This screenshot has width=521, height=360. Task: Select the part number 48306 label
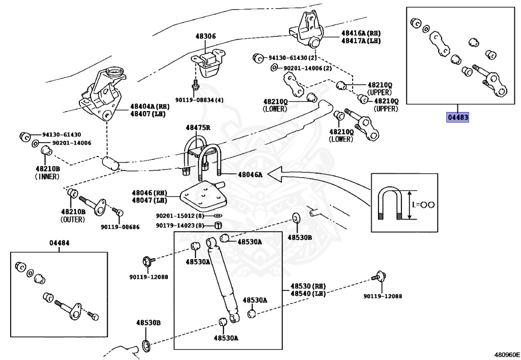[x=205, y=36]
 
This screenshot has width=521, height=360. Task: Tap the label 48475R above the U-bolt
[x=196, y=128]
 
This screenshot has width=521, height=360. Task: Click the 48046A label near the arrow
[x=250, y=175]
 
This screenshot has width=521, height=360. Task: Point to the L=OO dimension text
[x=423, y=205]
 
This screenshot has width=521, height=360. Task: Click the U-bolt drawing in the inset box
[x=391, y=204]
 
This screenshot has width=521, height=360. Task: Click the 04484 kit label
[x=59, y=243]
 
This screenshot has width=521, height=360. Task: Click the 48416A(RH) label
[x=361, y=33]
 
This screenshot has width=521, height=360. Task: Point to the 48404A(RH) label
[x=149, y=106]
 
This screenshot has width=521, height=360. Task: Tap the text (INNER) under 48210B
[x=47, y=177]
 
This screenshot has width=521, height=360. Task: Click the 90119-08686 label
[x=120, y=227]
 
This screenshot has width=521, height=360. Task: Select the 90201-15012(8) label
[x=180, y=215]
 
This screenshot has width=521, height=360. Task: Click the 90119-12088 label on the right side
[x=382, y=296]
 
